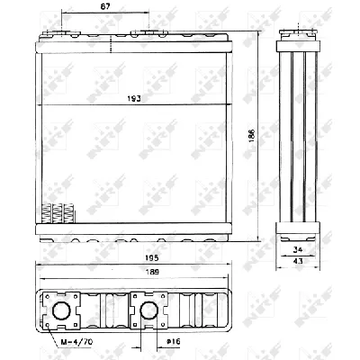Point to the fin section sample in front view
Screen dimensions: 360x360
(x=56, y=213)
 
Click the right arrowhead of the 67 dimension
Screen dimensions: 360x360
(x=108, y=16)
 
